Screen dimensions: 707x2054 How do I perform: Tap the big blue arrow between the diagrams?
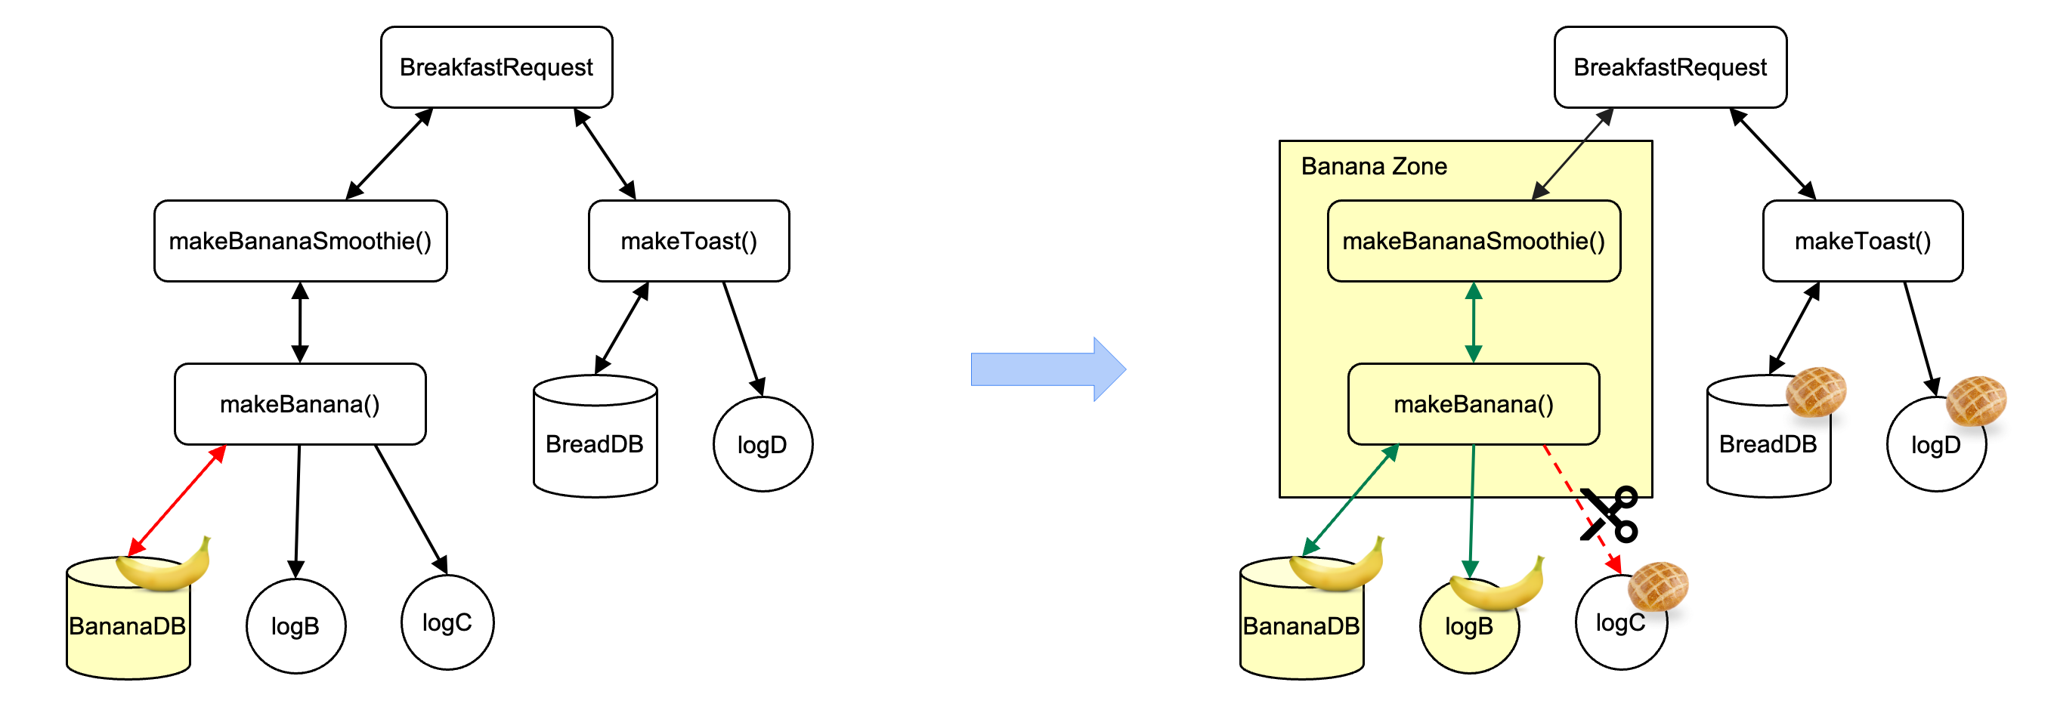click(x=1047, y=369)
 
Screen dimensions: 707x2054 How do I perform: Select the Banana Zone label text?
click(x=1373, y=167)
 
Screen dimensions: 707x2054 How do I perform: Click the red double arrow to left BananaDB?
click(x=177, y=501)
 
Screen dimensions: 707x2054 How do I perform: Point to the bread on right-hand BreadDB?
click(x=1816, y=391)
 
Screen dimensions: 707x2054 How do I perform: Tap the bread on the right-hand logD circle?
click(x=1975, y=400)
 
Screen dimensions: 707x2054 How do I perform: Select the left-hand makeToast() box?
click(x=688, y=241)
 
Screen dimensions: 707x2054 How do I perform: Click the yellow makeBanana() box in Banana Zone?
click(x=1473, y=404)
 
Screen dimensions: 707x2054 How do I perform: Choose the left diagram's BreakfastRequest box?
click(x=496, y=67)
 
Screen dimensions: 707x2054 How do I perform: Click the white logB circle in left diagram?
click(x=295, y=626)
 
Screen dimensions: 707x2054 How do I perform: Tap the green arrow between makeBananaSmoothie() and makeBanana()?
click(x=1473, y=323)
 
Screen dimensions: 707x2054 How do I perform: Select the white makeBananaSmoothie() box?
click(x=300, y=241)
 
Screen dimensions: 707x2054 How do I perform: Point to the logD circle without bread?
click(x=762, y=444)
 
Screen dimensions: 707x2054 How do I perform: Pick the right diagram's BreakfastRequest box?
click(x=1669, y=67)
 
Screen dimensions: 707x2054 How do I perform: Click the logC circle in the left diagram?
click(x=447, y=622)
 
